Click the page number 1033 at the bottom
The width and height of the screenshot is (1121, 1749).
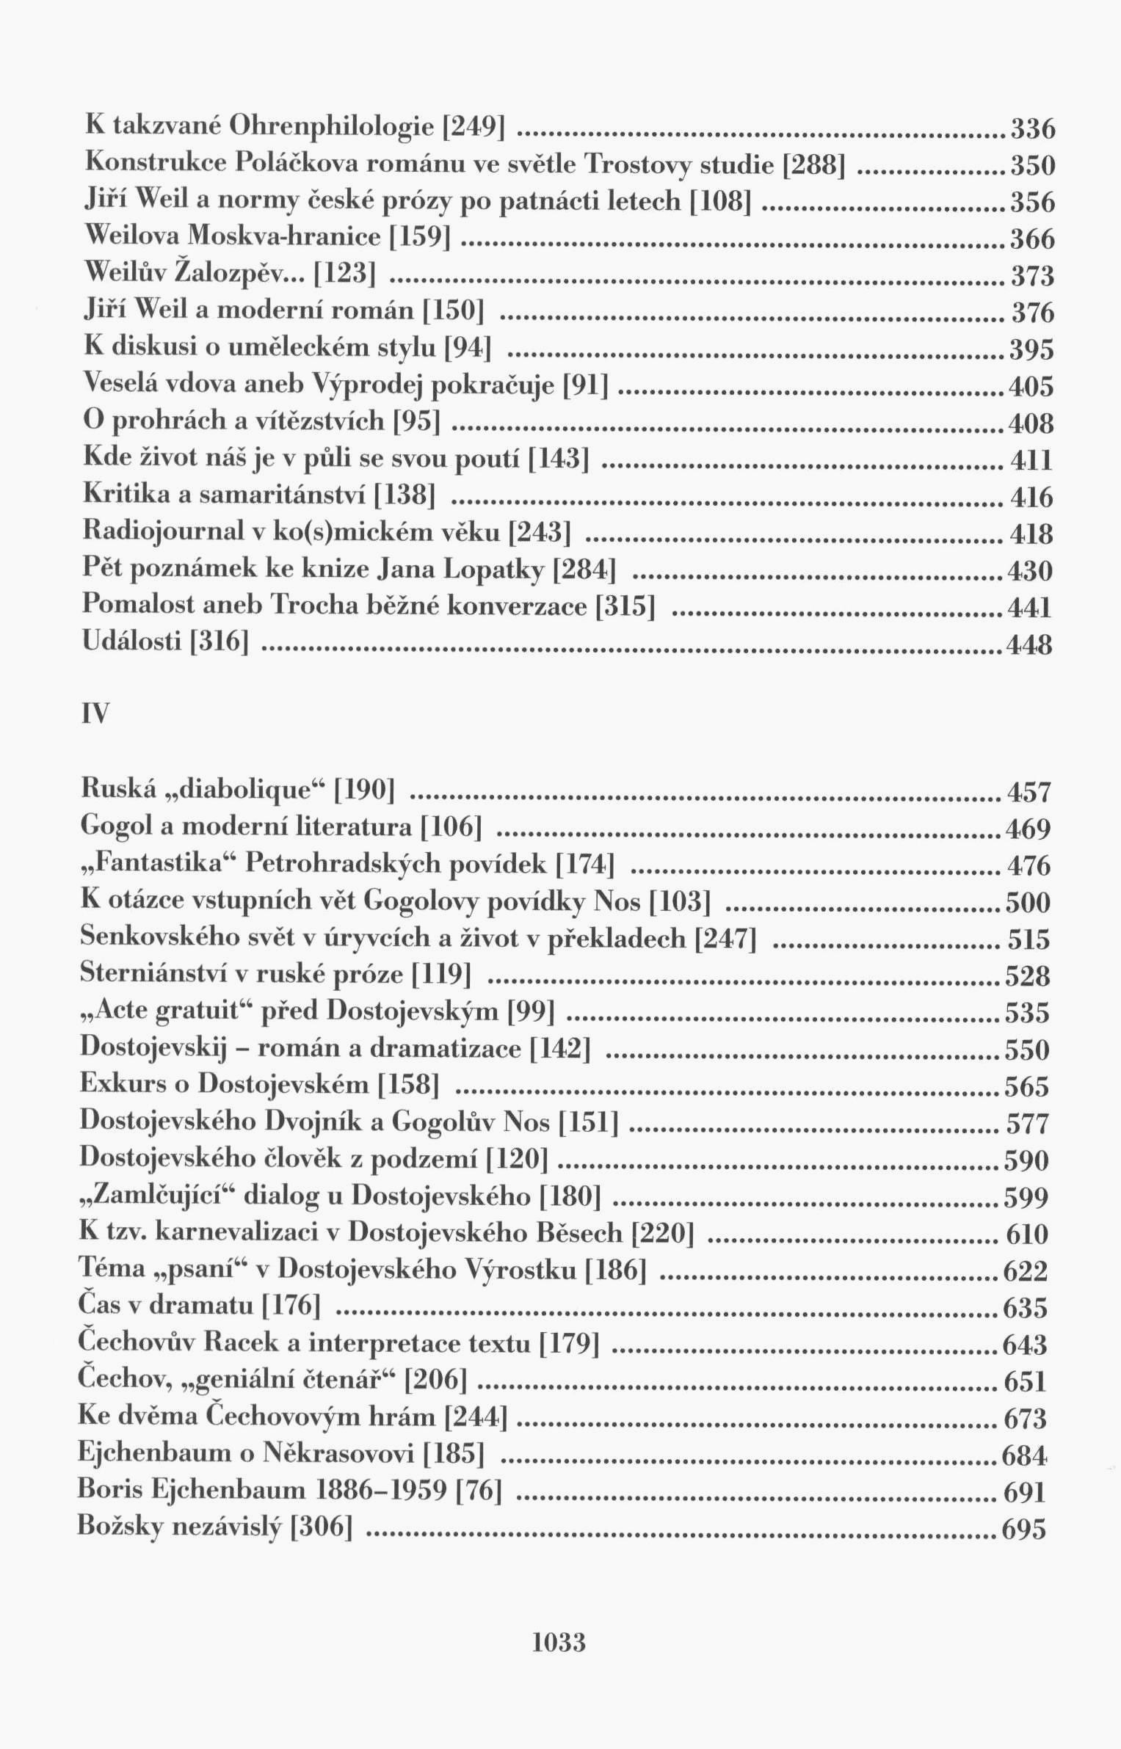(559, 1661)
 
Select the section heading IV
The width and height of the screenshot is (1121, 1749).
(95, 713)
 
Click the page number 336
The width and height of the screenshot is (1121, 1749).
(1033, 130)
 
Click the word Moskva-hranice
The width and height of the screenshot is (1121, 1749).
(285, 236)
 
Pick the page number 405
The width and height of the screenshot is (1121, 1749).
(1031, 387)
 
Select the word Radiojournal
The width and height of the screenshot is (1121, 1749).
(162, 531)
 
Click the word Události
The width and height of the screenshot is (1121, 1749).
(131, 642)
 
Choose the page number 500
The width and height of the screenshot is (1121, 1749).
(1028, 903)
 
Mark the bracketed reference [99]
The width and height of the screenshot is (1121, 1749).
(531, 1012)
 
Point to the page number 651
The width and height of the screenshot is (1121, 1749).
(1025, 1382)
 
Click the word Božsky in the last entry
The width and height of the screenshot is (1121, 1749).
(125, 1528)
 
